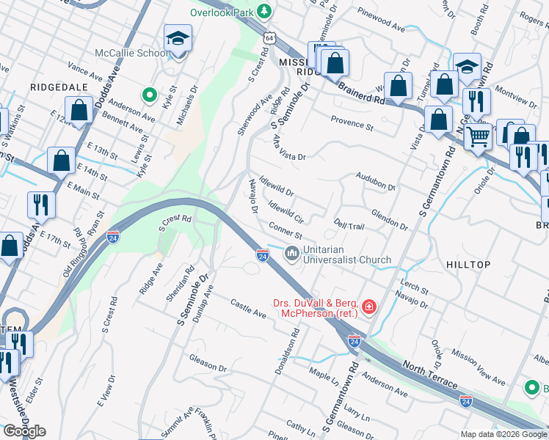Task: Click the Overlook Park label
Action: (x=221, y=12)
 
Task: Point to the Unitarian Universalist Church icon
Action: (x=291, y=254)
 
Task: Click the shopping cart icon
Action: (x=478, y=136)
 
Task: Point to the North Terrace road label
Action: (x=429, y=374)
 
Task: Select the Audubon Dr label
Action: (x=375, y=181)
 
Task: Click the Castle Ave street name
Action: (x=247, y=308)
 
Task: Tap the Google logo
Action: (x=24, y=431)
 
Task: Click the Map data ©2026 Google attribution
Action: (x=503, y=433)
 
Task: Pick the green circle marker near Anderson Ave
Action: (x=150, y=95)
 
